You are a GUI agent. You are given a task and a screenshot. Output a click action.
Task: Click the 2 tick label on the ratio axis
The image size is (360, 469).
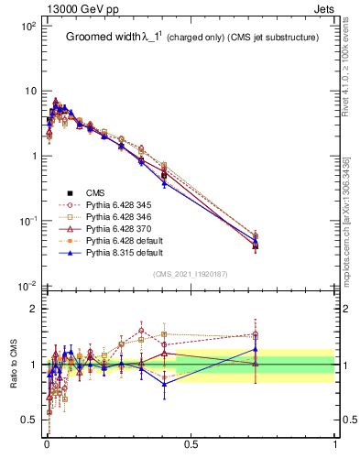32,309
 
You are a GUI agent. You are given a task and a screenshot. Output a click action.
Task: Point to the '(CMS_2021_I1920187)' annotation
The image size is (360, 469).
191,274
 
